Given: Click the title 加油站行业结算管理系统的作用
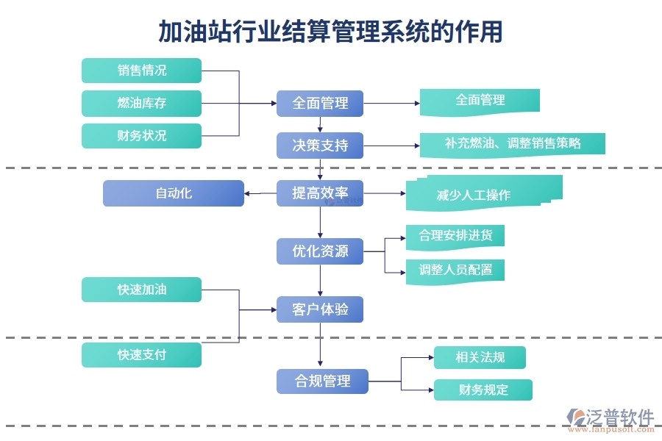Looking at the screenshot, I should pos(331,32).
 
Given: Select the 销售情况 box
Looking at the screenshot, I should pos(141,71).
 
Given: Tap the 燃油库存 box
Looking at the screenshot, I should pos(141,103).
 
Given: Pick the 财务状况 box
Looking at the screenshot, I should pos(141,136).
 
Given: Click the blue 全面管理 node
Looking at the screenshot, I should pos(320,104).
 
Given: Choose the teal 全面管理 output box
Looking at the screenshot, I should pos(480,101).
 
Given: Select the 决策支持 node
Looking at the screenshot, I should pos(320,146).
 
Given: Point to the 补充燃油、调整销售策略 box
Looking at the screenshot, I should pos(512,144).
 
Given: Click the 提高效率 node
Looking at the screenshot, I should pos(320,193).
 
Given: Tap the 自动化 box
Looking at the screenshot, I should pos(173,193).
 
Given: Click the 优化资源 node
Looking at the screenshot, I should pos(320,251).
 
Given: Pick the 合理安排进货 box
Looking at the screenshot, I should pos(455,237).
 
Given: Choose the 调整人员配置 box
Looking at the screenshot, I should pos(455,270).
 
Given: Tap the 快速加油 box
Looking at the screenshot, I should pos(141,290).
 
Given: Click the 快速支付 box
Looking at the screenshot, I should pos(141,355).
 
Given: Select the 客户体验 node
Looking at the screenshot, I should pos(320,309).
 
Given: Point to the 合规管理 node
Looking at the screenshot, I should pos(322,381).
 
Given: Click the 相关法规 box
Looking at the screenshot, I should pos(480,357).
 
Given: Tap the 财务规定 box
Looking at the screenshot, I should pos(483,390).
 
